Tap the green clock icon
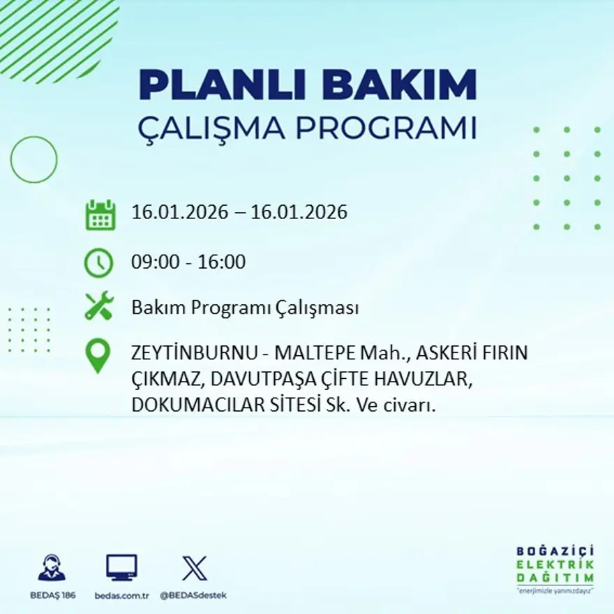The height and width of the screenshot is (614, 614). [98, 263]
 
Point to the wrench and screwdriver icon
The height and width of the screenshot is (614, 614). [98, 306]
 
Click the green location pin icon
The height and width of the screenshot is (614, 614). [98, 354]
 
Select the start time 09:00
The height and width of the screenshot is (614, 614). [154, 263]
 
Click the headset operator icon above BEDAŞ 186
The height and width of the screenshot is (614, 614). [52, 568]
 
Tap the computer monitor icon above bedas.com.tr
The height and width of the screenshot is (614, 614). [121, 567]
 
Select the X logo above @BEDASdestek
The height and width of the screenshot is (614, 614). [194, 568]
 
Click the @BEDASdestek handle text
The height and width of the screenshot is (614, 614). [193, 595]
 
